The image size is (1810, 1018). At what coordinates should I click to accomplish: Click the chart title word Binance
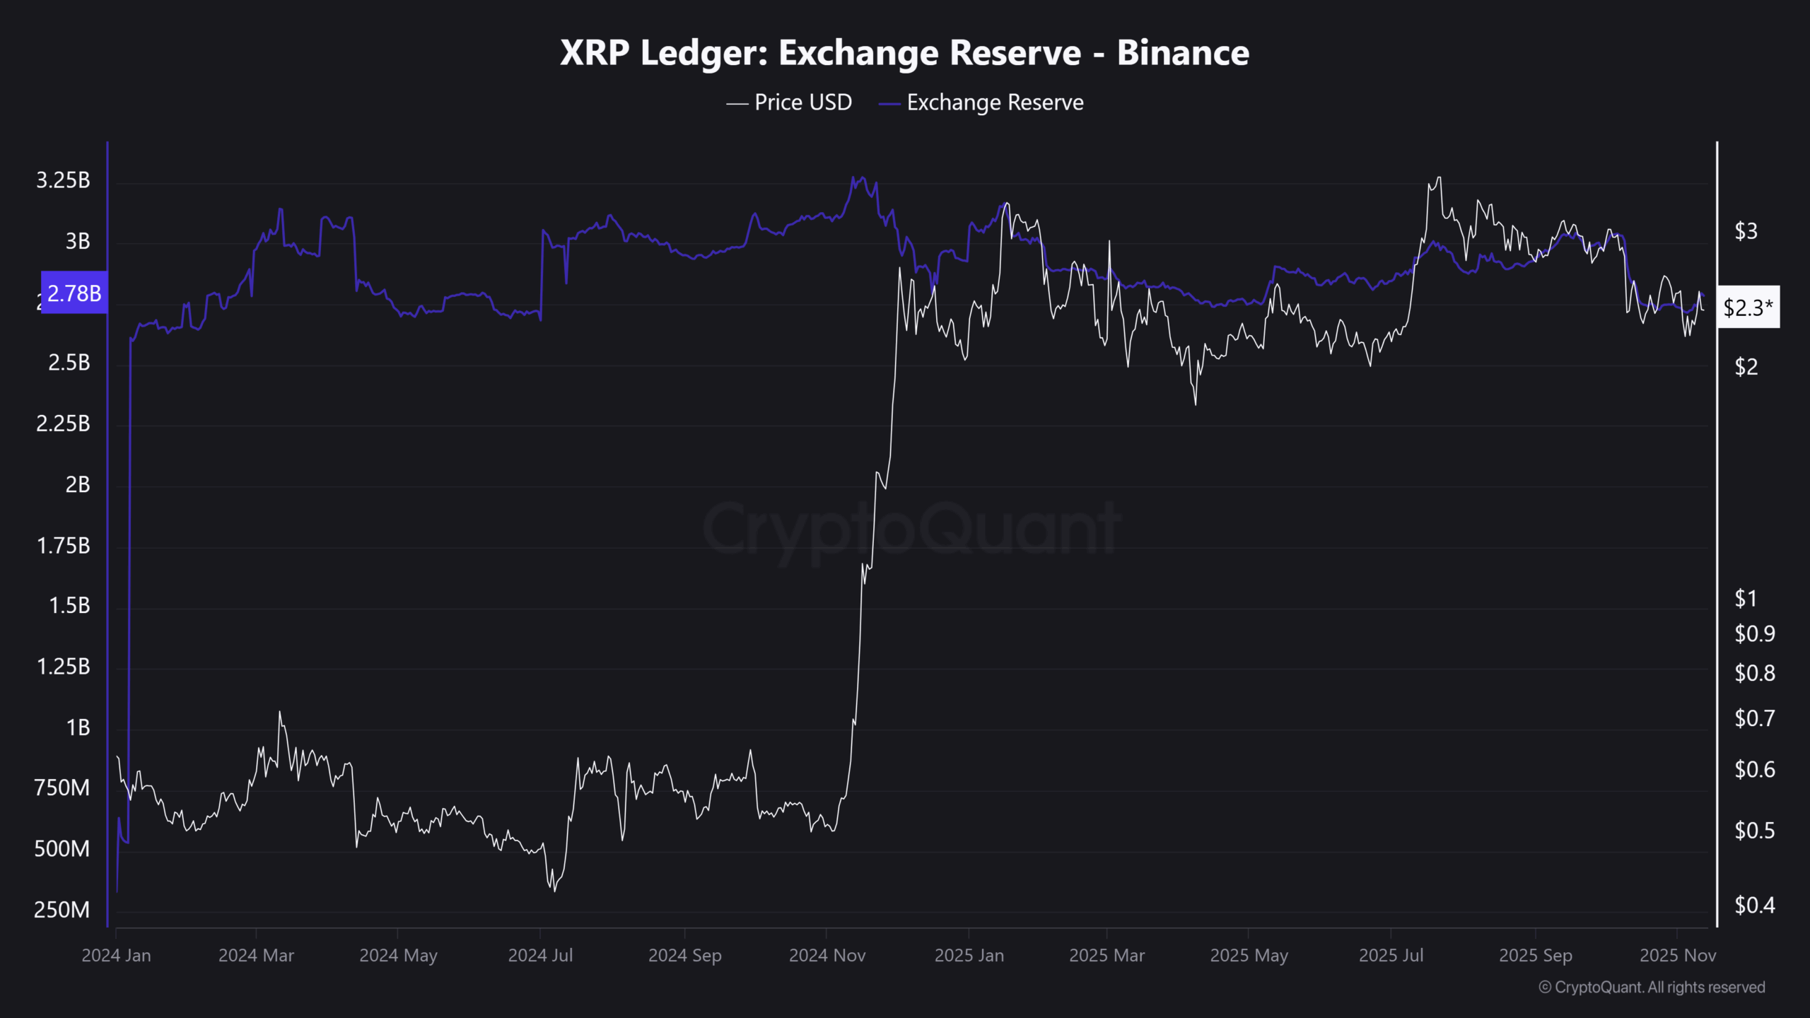click(x=1183, y=53)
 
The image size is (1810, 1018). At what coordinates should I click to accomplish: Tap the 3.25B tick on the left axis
click(x=63, y=181)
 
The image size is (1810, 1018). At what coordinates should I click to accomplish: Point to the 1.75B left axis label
click(x=63, y=546)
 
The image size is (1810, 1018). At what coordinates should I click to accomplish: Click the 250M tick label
click(x=62, y=910)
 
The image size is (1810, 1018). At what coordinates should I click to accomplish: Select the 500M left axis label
click(x=62, y=849)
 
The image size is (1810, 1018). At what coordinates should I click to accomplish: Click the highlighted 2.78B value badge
click(x=74, y=293)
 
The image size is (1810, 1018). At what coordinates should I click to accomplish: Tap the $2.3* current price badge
click(x=1748, y=308)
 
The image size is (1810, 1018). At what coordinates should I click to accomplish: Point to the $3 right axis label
click(x=1746, y=231)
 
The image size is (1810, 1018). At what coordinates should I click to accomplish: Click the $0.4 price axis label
click(x=1754, y=906)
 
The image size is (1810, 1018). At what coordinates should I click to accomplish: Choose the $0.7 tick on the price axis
click(x=1754, y=719)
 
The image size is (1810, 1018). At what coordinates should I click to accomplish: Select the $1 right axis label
click(x=1746, y=599)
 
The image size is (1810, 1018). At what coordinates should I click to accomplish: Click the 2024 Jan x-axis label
click(x=116, y=956)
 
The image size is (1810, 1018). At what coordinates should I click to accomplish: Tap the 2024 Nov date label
click(x=827, y=956)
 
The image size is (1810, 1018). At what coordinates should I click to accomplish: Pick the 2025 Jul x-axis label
click(x=1391, y=956)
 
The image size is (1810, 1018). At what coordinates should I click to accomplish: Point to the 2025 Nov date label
click(x=1677, y=956)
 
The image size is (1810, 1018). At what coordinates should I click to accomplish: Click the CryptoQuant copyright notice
click(x=1652, y=988)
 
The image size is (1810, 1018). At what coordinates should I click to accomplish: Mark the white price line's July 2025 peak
click(x=1438, y=177)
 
